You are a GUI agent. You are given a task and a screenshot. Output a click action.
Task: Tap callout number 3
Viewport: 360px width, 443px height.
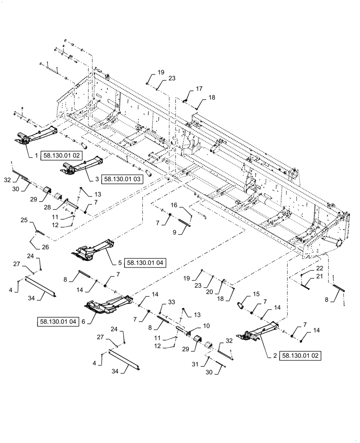[x=97, y=179]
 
